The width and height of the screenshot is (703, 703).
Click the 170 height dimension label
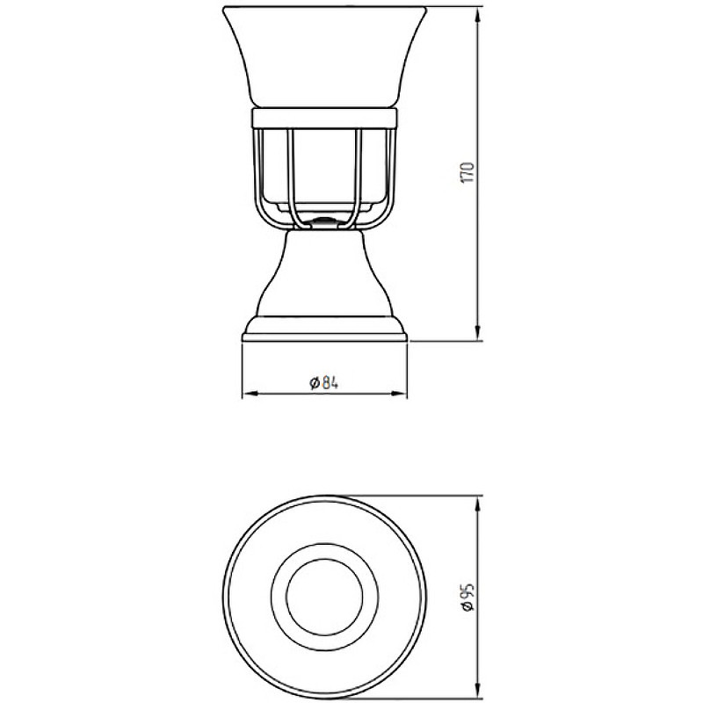(x=467, y=172)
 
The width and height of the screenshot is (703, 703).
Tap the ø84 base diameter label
(x=323, y=383)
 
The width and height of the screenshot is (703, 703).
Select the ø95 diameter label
(x=467, y=597)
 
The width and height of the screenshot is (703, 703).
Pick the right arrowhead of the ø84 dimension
(x=399, y=394)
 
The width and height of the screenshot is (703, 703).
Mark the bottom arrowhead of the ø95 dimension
(x=479, y=692)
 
